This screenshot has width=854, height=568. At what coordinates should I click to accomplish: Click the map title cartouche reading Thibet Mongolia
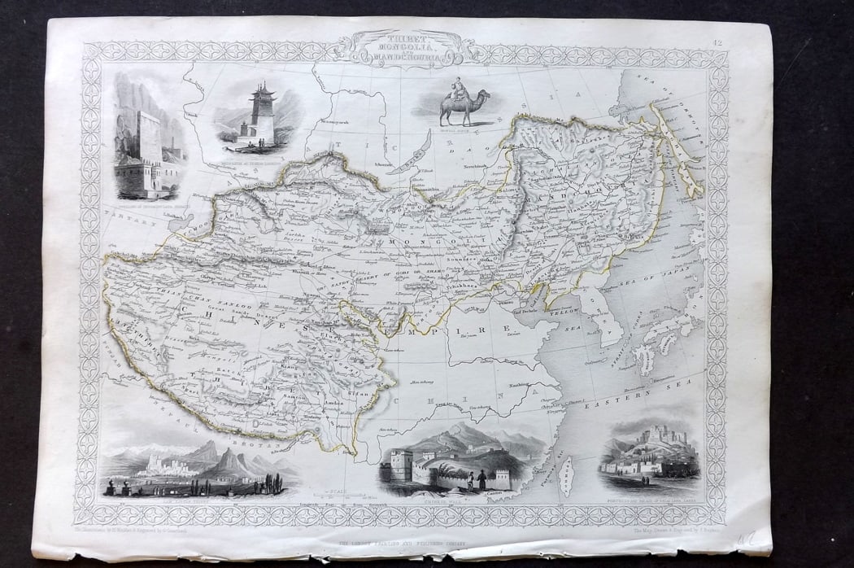399,48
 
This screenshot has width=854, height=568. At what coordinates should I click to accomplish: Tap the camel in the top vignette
462,107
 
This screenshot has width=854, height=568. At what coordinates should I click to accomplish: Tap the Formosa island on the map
568,475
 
